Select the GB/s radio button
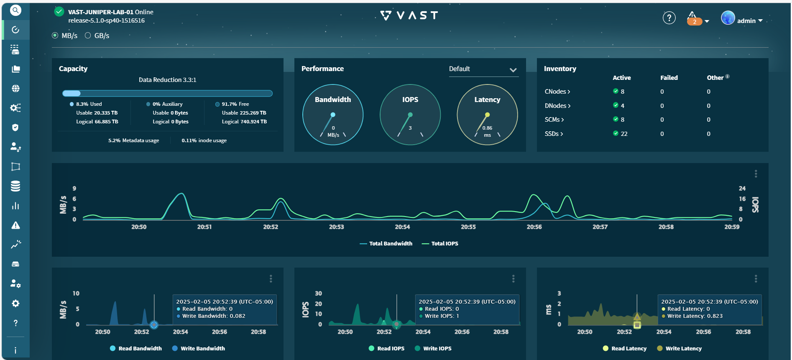pos(88,36)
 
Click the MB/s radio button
pos(55,36)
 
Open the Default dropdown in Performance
pos(483,69)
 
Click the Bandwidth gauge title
pos(333,100)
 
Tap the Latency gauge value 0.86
pos(487,128)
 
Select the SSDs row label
pos(553,134)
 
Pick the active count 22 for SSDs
pos(624,134)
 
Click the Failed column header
pos(669,78)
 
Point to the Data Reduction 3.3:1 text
pos(167,80)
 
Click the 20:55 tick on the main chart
pos(468,227)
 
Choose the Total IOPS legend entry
pos(444,243)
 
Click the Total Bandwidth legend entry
pos(390,243)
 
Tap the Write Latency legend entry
pos(683,348)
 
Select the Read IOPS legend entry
pos(390,348)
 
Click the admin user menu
pos(742,20)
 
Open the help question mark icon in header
pos(669,18)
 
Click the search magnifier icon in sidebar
pos(15,10)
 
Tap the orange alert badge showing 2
pos(695,22)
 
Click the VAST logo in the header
pos(409,15)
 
